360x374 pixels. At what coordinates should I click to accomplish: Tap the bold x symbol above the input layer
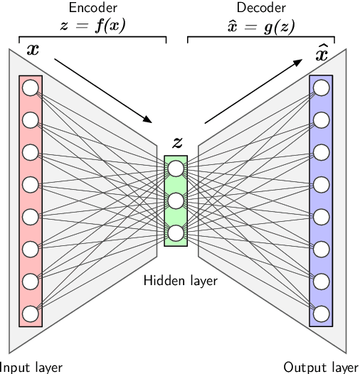[32, 50]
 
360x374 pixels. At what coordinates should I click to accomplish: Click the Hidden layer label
[180, 280]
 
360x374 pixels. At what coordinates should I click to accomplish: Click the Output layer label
[321, 367]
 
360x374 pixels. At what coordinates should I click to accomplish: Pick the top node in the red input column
[30, 88]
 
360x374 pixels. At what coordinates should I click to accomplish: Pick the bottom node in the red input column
[30, 313]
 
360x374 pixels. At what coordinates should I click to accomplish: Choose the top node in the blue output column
[322, 88]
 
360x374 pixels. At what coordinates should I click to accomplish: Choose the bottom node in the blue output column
[322, 313]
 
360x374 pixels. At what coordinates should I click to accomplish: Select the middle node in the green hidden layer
[176, 201]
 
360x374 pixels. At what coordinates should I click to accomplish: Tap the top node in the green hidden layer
[176, 169]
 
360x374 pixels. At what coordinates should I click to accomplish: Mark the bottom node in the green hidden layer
[176, 233]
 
